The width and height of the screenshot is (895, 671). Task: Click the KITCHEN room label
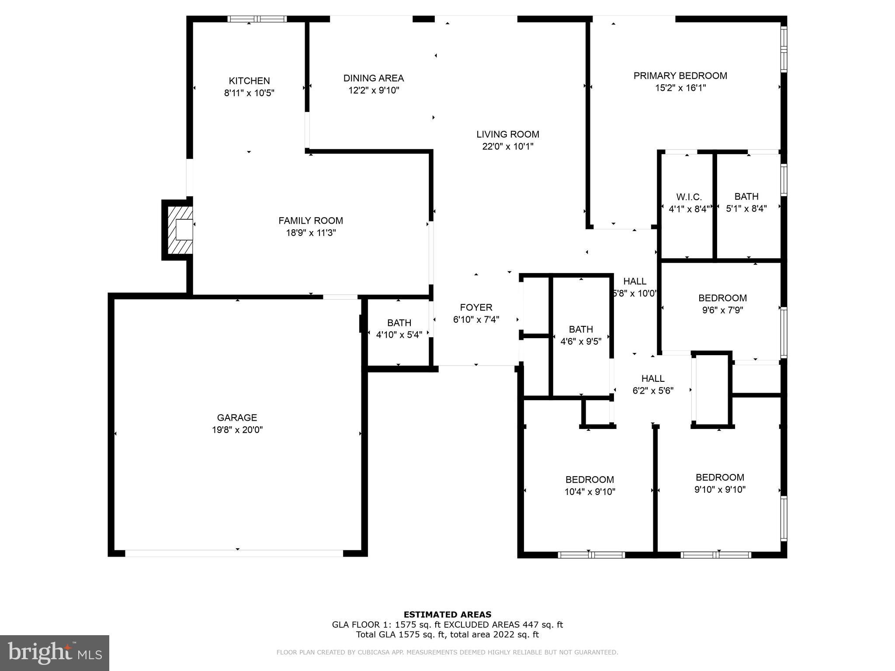coord(249,81)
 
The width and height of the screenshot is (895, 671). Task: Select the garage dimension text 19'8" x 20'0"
coord(237,430)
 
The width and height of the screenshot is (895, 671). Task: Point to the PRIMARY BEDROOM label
coord(680,76)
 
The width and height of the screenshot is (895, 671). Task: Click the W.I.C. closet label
coord(689,197)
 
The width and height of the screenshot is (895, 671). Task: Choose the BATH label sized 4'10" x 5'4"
coord(399,323)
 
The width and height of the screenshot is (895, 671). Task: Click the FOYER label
coord(476,308)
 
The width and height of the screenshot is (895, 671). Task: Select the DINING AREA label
coord(373,78)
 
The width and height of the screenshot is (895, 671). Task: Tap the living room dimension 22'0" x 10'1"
coord(507,147)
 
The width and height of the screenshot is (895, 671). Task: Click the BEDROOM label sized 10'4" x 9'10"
coord(590,480)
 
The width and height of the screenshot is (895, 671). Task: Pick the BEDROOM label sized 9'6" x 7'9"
coord(722,298)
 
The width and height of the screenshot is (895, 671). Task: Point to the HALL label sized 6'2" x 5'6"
coord(653,378)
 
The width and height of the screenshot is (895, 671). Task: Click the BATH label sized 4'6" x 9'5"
coord(581,329)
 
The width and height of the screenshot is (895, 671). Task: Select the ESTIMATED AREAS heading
coord(447,614)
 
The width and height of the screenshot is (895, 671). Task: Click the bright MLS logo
coord(55,653)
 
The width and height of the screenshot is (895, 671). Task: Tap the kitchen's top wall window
coord(257,19)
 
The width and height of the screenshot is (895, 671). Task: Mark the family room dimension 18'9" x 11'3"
coord(311,233)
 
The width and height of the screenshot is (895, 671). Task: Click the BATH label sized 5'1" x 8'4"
coord(746,197)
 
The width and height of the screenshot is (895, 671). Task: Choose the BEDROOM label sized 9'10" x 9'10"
coord(720,477)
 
